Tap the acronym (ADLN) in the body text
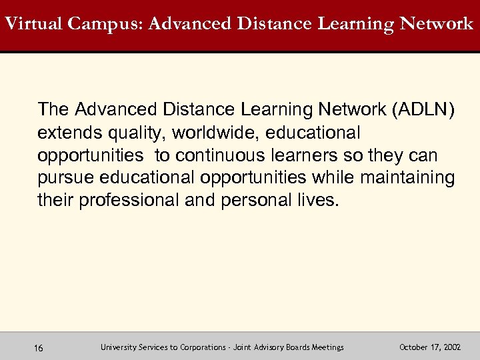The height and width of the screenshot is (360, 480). pyautogui.click(x=426, y=109)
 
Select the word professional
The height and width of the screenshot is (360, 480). pyautogui.click(x=130, y=201)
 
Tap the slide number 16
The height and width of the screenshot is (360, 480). pyautogui.click(x=38, y=348)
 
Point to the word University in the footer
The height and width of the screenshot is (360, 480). pyautogui.click(x=118, y=347)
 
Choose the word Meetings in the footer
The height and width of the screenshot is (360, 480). pyautogui.click(x=327, y=347)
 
